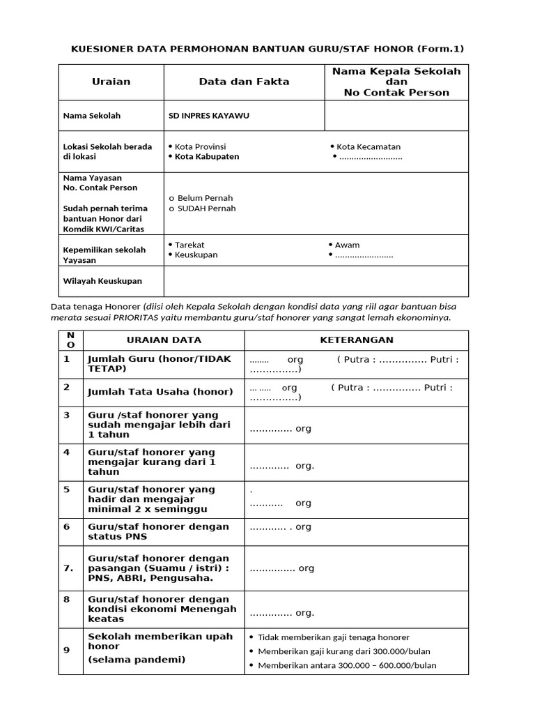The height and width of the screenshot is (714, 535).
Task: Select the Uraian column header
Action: click(x=111, y=82)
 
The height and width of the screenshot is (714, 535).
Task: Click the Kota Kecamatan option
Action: click(x=368, y=146)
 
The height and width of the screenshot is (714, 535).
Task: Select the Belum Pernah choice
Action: click(x=205, y=198)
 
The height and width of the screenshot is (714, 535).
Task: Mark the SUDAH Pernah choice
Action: click(x=206, y=208)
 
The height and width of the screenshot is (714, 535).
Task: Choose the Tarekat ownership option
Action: click(x=189, y=245)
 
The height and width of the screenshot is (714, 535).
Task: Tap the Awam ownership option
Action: click(x=347, y=245)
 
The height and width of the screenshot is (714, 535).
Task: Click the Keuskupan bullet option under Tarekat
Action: click(x=196, y=255)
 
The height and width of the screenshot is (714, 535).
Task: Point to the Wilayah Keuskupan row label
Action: click(x=102, y=281)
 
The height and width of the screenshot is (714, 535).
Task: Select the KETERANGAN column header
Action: click(x=356, y=340)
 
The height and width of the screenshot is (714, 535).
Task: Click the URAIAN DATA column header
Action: click(x=164, y=340)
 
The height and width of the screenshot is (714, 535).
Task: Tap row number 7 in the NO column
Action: click(x=68, y=568)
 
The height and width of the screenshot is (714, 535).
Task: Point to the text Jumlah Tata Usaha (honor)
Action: click(x=150, y=392)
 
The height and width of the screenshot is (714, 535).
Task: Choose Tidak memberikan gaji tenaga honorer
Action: click(x=333, y=637)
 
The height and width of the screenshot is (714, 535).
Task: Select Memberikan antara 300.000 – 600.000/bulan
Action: click(x=347, y=665)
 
